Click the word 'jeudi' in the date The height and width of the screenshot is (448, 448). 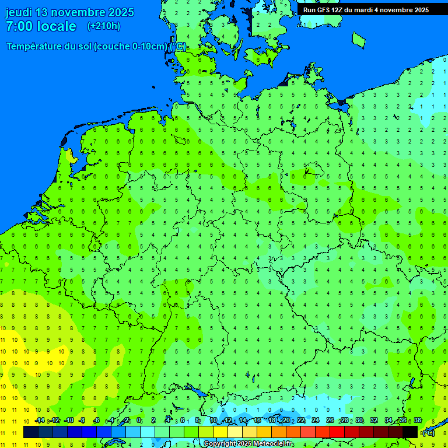point(19,12)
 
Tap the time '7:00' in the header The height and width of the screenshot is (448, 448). point(17,26)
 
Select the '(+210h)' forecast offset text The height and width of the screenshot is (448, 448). point(104,26)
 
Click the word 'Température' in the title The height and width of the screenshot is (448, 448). point(34,47)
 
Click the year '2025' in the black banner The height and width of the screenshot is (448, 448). point(419,10)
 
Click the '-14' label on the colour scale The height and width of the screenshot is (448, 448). point(40,420)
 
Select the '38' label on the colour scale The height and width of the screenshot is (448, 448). point(417,420)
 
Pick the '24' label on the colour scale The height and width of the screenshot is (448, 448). point(316,420)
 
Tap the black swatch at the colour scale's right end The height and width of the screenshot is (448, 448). point(410,432)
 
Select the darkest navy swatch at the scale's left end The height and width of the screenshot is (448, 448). point(31,432)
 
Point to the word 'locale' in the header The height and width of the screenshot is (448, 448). point(57,26)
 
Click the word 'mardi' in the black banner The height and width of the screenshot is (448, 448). point(377,10)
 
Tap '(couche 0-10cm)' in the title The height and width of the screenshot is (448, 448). point(131,47)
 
